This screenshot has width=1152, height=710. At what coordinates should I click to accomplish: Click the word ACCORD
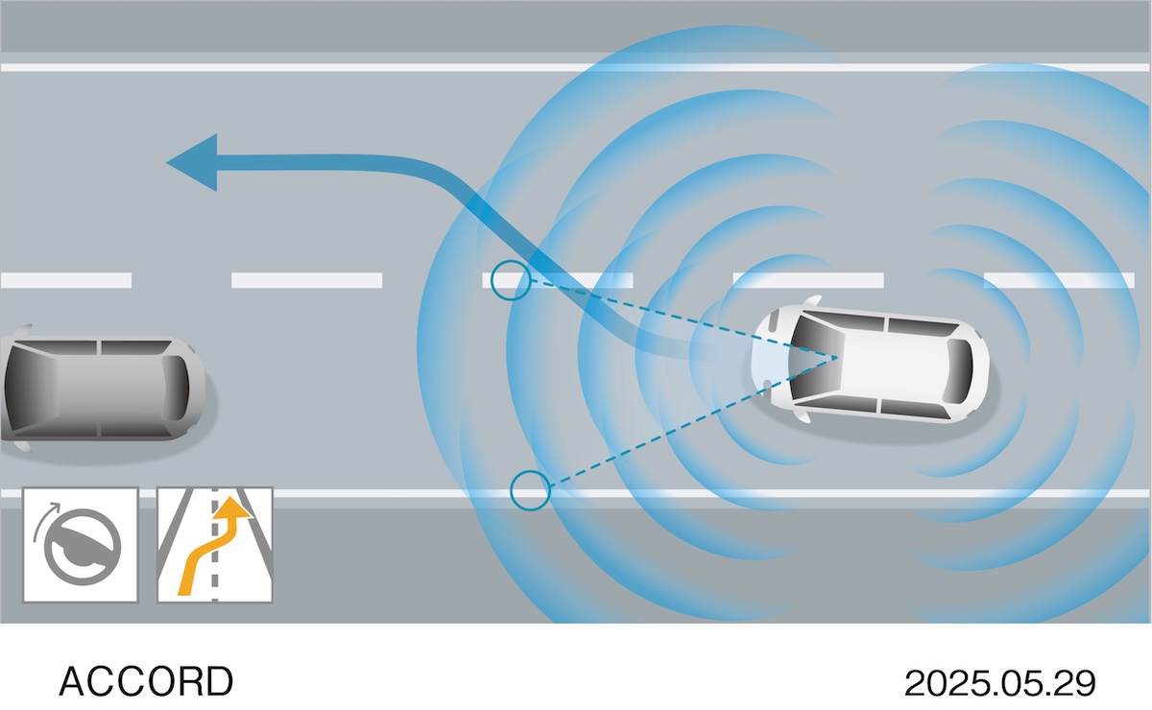tap(146, 681)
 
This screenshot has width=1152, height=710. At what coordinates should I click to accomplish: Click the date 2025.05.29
tap(999, 683)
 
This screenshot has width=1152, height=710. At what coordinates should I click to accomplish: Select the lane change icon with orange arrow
tap(215, 545)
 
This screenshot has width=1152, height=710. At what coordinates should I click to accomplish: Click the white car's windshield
tap(815, 358)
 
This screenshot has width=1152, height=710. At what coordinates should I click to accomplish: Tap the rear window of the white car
tap(960, 371)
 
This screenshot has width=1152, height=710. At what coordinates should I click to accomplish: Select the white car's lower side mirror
tap(803, 415)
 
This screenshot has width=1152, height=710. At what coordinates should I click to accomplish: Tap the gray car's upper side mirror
tap(23, 329)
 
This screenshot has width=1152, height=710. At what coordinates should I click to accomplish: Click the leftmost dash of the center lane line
tap(66, 280)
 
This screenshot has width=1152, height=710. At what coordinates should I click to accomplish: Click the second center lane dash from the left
tap(307, 280)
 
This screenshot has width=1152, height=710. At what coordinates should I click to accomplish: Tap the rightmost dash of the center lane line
tap(1059, 280)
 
